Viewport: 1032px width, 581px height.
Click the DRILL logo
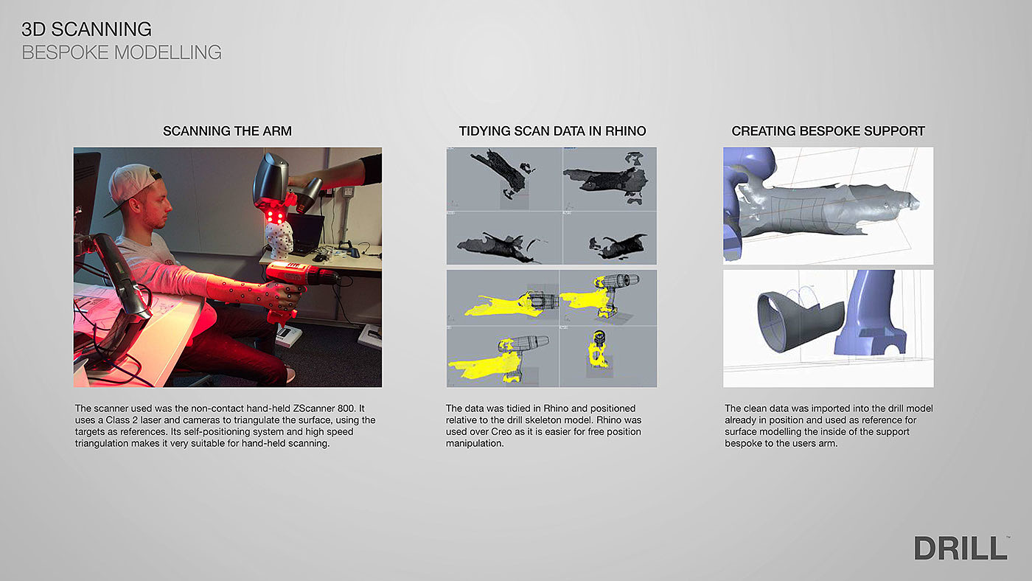click(961, 548)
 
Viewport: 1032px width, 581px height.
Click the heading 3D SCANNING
click(87, 29)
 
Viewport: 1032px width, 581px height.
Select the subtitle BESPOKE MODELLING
click(122, 52)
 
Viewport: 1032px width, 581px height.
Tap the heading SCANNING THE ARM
click(227, 131)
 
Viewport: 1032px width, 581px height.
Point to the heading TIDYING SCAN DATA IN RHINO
click(552, 131)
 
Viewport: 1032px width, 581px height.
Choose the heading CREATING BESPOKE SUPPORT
click(828, 131)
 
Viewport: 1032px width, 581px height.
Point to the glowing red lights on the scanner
click(275, 215)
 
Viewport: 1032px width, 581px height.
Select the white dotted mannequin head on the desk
click(279, 240)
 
